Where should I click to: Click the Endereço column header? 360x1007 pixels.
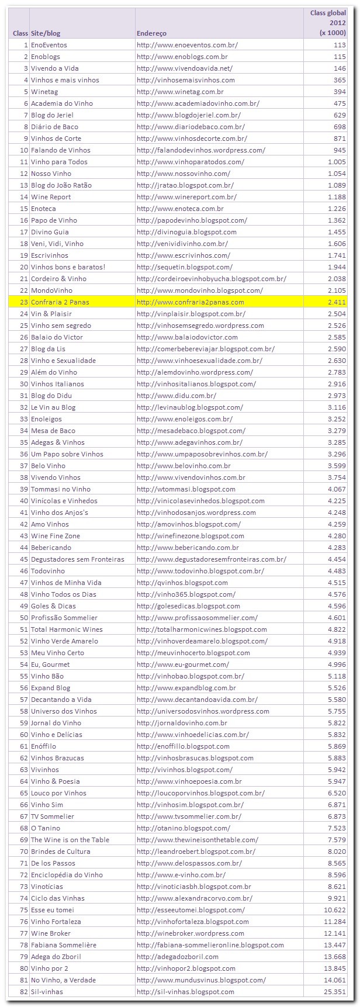(x=151, y=33)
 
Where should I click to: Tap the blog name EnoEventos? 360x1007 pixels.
(x=49, y=45)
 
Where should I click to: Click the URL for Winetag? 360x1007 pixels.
(x=180, y=92)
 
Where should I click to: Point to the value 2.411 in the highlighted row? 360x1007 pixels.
(x=337, y=302)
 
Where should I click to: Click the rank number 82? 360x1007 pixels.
(x=24, y=992)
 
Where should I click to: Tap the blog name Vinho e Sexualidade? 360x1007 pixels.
(x=63, y=361)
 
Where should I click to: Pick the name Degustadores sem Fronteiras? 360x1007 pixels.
(x=77, y=559)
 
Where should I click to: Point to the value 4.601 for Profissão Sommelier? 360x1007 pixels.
(x=337, y=618)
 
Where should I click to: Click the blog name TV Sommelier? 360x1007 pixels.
(x=53, y=816)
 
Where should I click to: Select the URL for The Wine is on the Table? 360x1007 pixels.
(x=197, y=840)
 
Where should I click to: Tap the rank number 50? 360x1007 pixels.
(x=24, y=618)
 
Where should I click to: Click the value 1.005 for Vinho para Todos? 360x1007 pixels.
(x=337, y=162)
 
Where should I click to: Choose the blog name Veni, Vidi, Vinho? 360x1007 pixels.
(x=57, y=244)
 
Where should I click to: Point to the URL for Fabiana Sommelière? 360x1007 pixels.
(x=210, y=945)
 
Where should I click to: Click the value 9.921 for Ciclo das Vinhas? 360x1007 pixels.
(x=337, y=898)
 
